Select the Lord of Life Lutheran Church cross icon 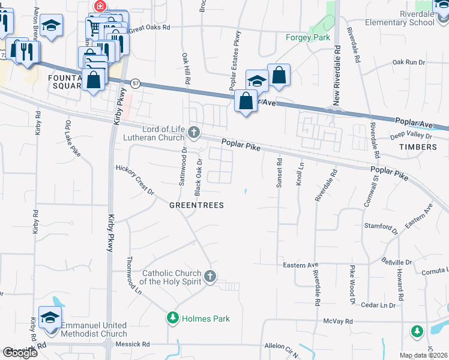(x=193, y=131)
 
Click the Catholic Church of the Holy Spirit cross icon (x=209, y=277)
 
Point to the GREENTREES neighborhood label (x=196, y=205)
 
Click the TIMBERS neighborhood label (x=418, y=146)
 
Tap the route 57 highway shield (x=136, y=83)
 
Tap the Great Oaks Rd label (x=149, y=28)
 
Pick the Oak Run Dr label (x=408, y=62)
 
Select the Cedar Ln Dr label (x=378, y=305)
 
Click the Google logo (x=20, y=353)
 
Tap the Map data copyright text (x=424, y=355)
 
